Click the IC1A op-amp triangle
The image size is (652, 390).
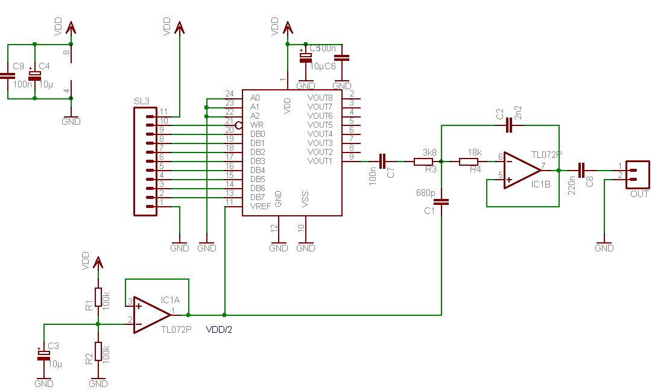click(151, 315)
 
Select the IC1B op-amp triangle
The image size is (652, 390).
click(522, 169)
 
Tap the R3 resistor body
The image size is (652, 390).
click(423, 162)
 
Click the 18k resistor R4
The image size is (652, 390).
click(469, 162)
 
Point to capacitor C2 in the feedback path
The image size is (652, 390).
click(509, 125)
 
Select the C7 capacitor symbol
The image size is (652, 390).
click(383, 161)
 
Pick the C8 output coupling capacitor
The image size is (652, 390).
click(581, 170)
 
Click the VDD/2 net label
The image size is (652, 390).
click(220, 330)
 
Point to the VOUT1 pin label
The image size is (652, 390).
click(320, 161)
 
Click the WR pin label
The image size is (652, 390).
click(255, 125)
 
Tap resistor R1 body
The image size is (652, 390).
click(98, 298)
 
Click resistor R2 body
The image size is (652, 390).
click(98, 351)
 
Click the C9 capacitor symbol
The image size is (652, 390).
click(7, 76)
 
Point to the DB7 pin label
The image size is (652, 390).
click(257, 197)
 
